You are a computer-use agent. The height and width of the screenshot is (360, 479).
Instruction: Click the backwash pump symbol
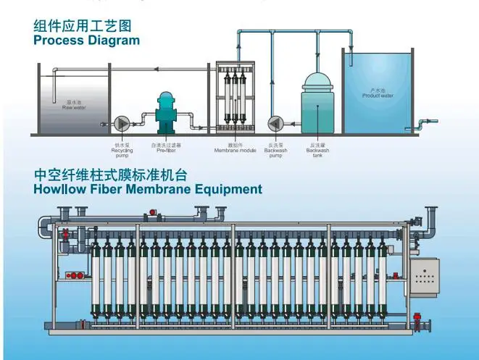click(x=275, y=121)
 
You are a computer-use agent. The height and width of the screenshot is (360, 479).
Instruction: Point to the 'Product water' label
click(x=378, y=93)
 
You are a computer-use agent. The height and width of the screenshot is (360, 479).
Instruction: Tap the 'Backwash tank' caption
click(x=317, y=149)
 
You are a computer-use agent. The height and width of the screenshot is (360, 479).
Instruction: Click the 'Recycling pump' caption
click(x=120, y=151)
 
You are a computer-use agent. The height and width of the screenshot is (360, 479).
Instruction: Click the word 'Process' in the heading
click(x=59, y=41)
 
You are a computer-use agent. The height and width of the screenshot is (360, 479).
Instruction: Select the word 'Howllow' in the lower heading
click(x=63, y=190)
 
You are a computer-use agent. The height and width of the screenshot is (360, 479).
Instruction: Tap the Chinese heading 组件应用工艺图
click(x=83, y=26)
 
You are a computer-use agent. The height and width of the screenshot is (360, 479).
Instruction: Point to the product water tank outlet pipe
click(x=429, y=121)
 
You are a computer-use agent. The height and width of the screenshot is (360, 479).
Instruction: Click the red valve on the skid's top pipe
click(x=153, y=213)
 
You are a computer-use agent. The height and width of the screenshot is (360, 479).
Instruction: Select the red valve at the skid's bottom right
click(x=418, y=317)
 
